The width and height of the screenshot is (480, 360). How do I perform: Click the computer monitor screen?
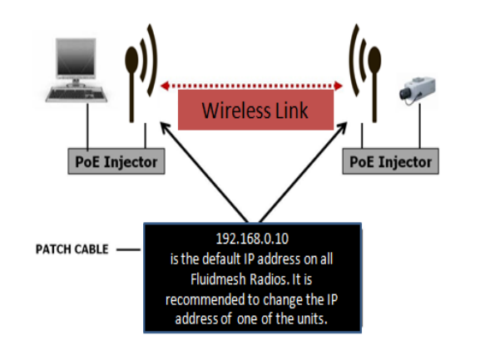click(76, 57)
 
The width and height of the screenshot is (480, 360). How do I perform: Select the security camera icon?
click(418, 90)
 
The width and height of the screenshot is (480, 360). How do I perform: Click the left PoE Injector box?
click(116, 161)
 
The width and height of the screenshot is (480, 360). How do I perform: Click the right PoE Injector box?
click(391, 161)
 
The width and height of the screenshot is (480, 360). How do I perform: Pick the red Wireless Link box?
click(255, 110)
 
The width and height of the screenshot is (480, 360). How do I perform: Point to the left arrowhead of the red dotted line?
click(166, 86)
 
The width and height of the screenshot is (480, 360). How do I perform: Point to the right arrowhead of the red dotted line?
click(339, 86)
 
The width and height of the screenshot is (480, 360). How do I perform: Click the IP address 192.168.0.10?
click(252, 239)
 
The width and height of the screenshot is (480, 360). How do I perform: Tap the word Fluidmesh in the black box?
click(218, 279)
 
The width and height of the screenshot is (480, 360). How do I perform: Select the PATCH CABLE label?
click(72, 249)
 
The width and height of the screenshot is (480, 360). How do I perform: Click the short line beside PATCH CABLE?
click(128, 250)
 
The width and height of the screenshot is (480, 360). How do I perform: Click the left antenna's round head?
click(131, 60)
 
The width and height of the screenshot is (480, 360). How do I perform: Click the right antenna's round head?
click(374, 60)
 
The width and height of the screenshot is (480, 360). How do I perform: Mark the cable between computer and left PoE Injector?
click(88, 126)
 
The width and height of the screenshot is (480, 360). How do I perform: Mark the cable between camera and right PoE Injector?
click(420, 126)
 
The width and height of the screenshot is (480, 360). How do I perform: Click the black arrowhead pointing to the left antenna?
click(166, 128)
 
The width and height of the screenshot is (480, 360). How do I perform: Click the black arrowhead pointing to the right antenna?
click(342, 128)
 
